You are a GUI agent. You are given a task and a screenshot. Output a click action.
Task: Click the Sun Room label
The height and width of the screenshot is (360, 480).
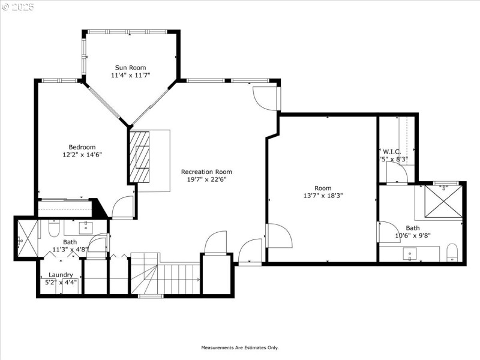tap(130, 68)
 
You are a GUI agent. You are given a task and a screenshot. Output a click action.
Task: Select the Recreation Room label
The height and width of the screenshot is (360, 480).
tap(206, 172)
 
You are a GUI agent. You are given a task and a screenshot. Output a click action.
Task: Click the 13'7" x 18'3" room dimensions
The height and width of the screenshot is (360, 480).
tap(323, 195)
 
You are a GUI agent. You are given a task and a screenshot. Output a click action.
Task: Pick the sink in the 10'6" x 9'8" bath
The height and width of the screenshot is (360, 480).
tap(410, 253)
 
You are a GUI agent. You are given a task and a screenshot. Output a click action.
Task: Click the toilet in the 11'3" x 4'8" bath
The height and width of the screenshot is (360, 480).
tap(52, 229)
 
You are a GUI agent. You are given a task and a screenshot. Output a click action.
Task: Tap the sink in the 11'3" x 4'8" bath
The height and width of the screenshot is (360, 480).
tap(85, 227)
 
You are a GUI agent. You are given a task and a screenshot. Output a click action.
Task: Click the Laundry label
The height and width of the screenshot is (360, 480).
tap(61, 275)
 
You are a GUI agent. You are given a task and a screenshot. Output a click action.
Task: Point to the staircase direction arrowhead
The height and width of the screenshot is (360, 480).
tap(198, 280)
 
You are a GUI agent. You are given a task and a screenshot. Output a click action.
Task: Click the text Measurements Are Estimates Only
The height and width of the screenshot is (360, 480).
tap(239, 347)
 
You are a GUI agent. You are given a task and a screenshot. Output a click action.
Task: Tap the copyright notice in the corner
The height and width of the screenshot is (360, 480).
tap(18, 7)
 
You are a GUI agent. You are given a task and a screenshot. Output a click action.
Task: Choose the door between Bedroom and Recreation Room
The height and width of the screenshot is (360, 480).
tap(123, 207)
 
